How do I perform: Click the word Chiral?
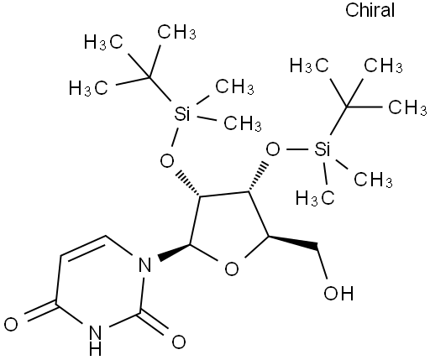tap(370, 10)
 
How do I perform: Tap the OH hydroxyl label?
tap(338, 294)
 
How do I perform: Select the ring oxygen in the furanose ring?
tap(232, 269)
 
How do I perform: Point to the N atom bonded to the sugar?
tap(144, 265)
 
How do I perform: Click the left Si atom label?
tap(182, 114)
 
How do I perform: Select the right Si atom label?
tap(322, 149)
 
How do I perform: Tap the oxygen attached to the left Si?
tap(167, 161)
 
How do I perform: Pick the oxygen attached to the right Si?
tap(273, 149)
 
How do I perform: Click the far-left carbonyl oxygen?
tap(11, 325)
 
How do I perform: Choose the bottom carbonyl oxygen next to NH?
tap(179, 342)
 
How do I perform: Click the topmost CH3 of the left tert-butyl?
tap(176, 32)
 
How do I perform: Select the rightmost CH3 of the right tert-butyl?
tap(407, 107)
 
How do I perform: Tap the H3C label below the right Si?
tap(315, 198)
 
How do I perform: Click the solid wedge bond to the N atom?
tap(175, 252)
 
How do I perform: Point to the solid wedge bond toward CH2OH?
tap(293, 243)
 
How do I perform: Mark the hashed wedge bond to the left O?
tap(188, 183)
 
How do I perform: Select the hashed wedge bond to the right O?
tap(256, 176)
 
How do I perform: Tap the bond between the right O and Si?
tap(297, 149)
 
